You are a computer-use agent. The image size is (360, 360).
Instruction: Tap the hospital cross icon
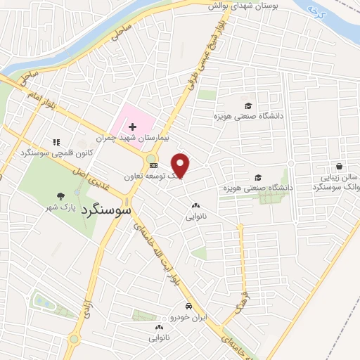132,127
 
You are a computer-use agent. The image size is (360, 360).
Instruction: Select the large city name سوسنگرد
106,210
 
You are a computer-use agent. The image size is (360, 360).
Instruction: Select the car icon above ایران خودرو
189,307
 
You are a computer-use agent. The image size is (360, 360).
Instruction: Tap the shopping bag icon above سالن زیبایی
340,167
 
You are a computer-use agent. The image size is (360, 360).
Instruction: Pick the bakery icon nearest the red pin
196,206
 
